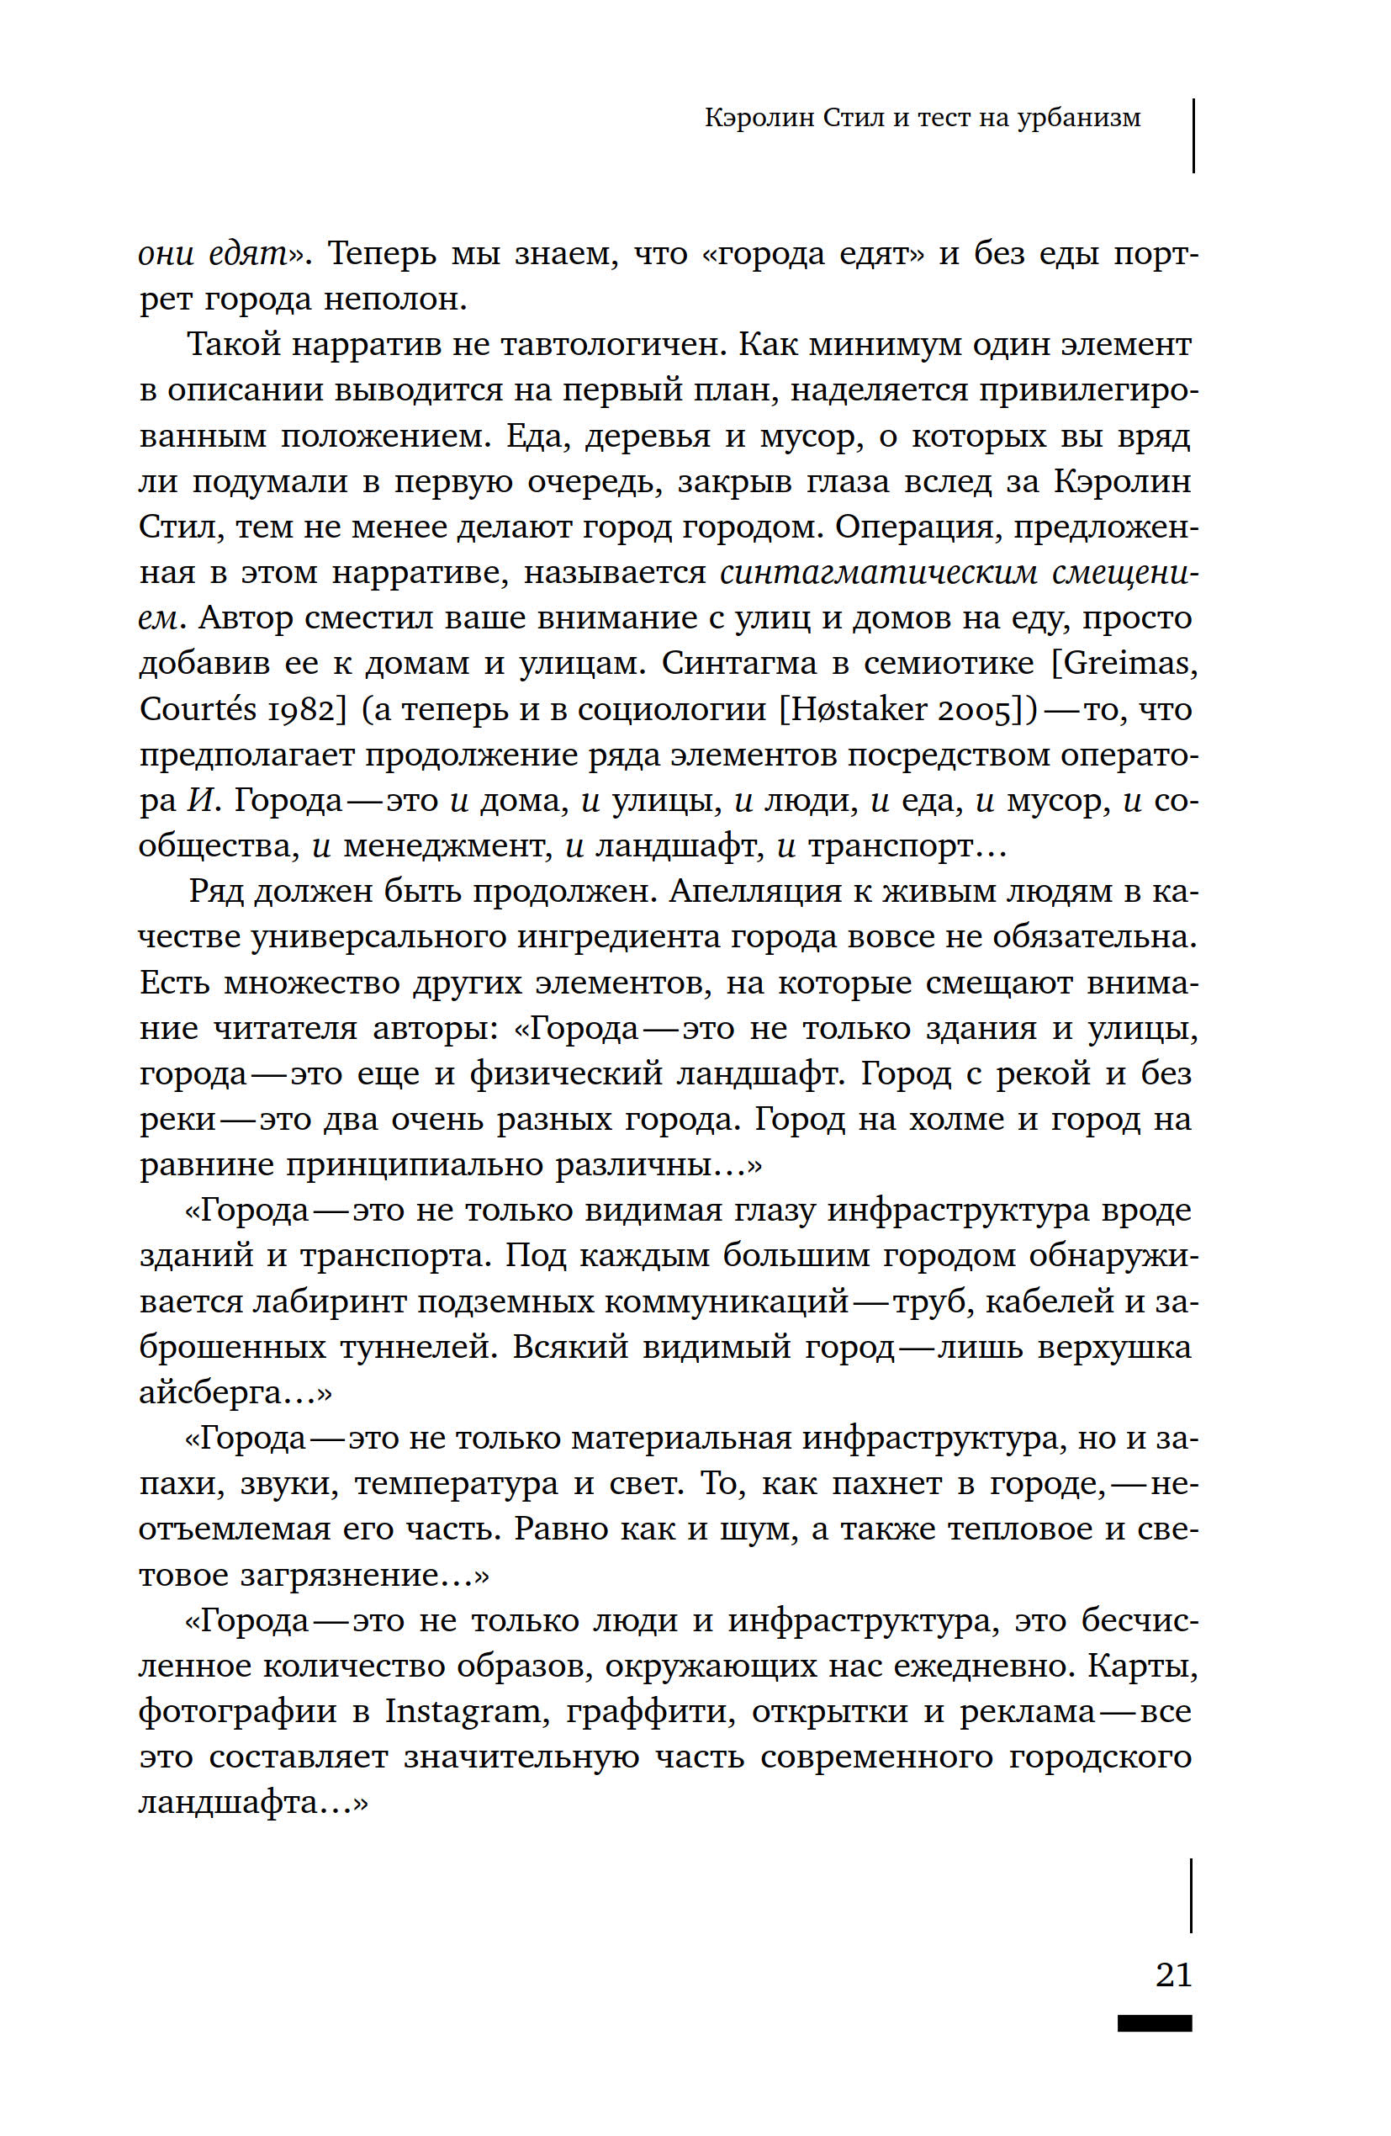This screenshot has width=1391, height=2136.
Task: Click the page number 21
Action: click(x=1173, y=1974)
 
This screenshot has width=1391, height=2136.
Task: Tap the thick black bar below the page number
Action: click(x=1154, y=2023)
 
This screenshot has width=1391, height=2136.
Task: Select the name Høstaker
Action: click(x=855, y=709)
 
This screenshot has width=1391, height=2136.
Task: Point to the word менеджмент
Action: click(x=445, y=845)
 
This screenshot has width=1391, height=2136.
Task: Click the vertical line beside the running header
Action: click(x=1193, y=135)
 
